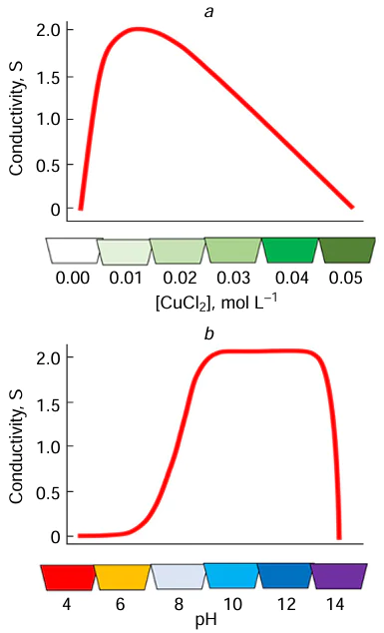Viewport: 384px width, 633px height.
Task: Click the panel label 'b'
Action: point(209,333)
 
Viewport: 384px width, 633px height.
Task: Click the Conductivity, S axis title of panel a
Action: point(16,119)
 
